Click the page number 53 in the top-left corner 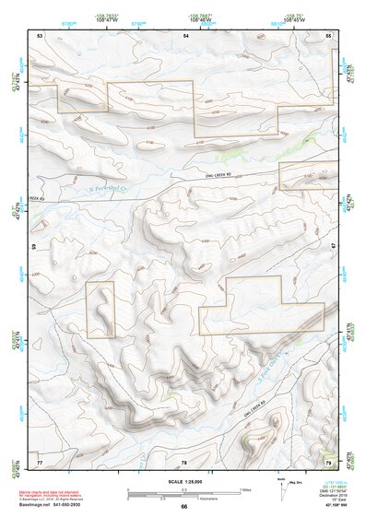click(x=40, y=35)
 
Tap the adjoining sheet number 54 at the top click(x=186, y=35)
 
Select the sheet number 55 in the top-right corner click(x=328, y=35)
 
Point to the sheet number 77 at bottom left click(x=40, y=460)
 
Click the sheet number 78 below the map click(x=184, y=461)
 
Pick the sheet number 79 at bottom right click(x=328, y=460)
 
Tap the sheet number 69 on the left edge click(x=35, y=247)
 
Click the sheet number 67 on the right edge click(x=333, y=247)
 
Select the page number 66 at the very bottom click(x=184, y=507)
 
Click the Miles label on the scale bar click(x=244, y=488)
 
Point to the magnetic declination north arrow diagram click(x=281, y=487)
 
